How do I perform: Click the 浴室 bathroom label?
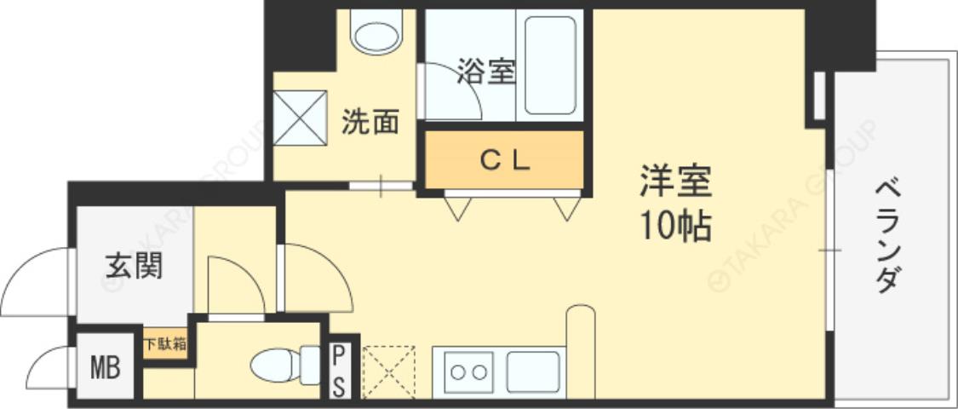click(x=486, y=72)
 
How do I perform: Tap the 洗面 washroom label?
click(x=370, y=123)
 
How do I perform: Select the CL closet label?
click(x=504, y=159)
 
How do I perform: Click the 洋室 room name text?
click(x=675, y=181)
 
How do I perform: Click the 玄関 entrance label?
click(x=135, y=266)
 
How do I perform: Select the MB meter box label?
click(x=106, y=369)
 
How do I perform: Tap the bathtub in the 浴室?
click(x=549, y=65)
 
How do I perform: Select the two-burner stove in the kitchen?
click(x=468, y=372)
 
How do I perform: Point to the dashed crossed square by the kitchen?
click(x=388, y=371)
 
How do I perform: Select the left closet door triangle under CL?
click(x=456, y=208)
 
